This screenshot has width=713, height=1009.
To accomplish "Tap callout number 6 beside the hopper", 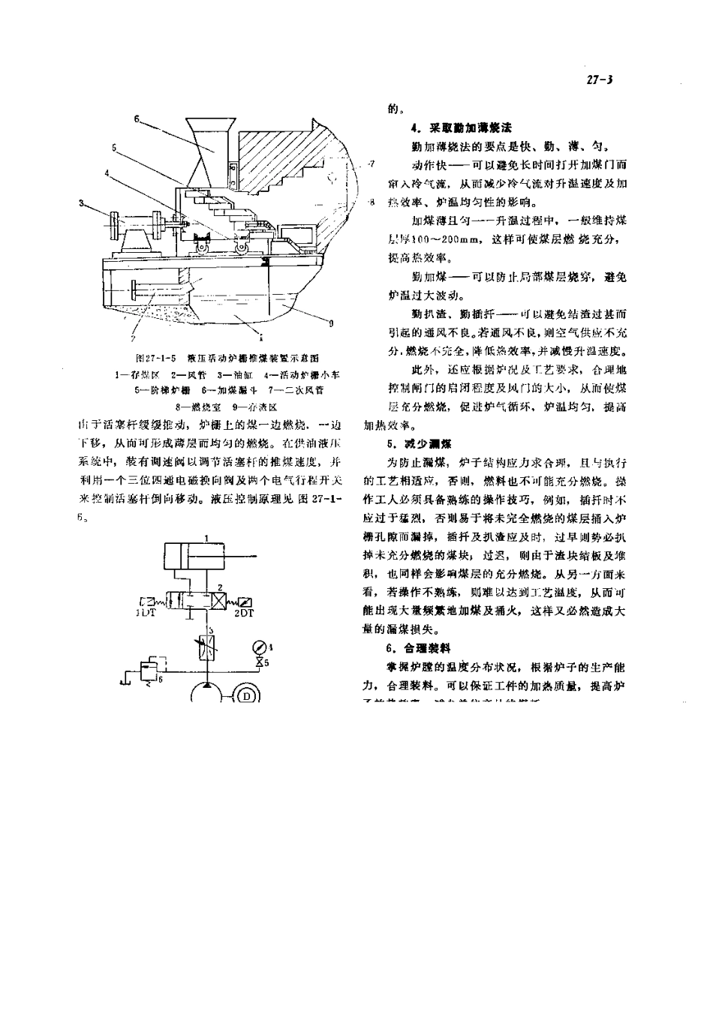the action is tap(137, 118).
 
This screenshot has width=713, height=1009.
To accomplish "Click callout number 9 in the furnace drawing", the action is tap(330, 324).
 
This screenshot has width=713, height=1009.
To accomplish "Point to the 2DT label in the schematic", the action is tap(245, 612).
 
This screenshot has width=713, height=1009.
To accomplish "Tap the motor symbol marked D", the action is tap(247, 695).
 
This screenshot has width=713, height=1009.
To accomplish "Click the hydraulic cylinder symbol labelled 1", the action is tap(194, 557).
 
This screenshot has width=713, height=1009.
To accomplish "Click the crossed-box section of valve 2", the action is tap(218, 599).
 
